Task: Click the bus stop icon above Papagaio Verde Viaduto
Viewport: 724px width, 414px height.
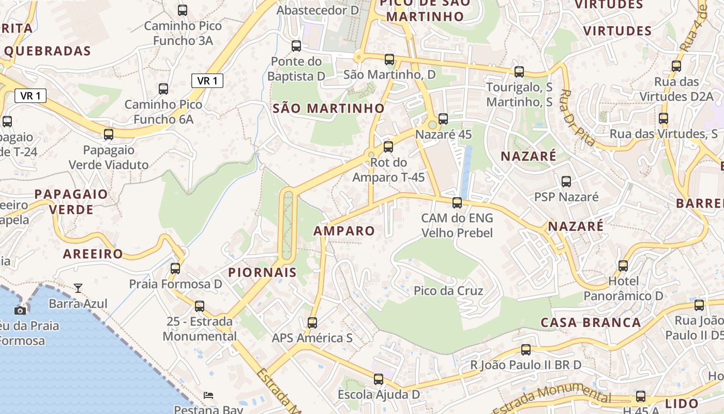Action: (109, 135)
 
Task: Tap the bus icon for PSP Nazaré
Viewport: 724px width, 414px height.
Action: (566, 182)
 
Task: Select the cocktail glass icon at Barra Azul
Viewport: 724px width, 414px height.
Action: (78, 288)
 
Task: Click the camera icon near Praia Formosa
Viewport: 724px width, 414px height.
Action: (20, 310)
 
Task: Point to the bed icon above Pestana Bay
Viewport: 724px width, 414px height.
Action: (208, 395)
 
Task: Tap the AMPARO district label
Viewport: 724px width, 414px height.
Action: (344, 231)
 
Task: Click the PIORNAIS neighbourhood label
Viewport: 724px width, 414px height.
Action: (263, 272)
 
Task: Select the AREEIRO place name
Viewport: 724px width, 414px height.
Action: (93, 254)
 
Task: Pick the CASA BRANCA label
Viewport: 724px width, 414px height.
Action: (591, 322)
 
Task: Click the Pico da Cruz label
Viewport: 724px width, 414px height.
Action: (448, 291)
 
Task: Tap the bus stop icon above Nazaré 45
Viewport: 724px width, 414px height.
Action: (443, 119)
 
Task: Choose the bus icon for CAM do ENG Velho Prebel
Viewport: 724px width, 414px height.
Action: (457, 202)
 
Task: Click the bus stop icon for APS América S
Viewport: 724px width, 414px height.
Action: (312, 323)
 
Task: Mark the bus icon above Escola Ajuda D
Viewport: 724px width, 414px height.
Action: (379, 379)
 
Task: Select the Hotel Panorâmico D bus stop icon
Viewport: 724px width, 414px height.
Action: (623, 266)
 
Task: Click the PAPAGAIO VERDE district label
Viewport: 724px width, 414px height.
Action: (71, 202)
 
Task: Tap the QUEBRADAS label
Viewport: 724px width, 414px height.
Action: (48, 51)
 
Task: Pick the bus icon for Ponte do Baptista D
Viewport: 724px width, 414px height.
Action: (296, 46)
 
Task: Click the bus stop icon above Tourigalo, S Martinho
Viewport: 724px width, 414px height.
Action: (519, 72)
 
